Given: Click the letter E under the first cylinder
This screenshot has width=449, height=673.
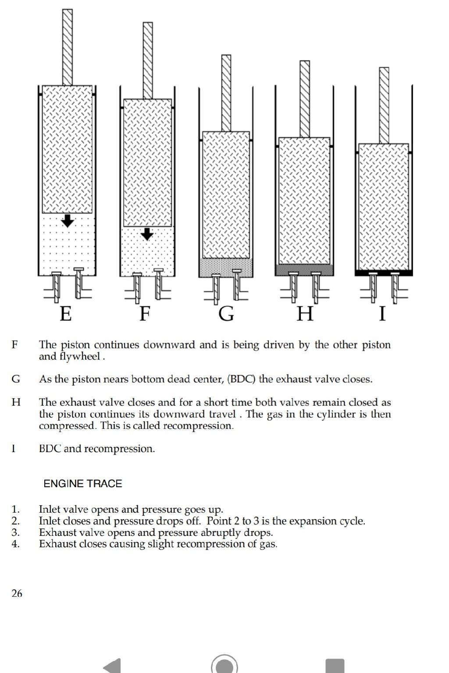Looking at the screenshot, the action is (66, 314).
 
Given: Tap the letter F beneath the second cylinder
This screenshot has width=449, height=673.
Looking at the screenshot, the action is (145, 314).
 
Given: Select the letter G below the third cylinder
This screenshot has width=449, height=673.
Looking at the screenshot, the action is (226, 314).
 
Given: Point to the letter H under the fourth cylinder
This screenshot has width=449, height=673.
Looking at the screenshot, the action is (305, 314).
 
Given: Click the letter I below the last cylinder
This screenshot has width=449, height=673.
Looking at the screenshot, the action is (382, 314).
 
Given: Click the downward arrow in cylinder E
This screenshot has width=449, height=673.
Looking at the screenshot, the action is (68, 221).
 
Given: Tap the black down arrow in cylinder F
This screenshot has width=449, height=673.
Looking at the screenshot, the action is (147, 234).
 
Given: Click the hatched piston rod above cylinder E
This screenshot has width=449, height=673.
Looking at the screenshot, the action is (68, 47).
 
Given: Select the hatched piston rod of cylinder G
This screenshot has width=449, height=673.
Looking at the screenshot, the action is (226, 93).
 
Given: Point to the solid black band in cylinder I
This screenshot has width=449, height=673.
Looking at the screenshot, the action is (384, 273).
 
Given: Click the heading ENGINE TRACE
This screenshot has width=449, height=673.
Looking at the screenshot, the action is (83, 484).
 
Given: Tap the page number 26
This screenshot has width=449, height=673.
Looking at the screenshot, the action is (17, 593).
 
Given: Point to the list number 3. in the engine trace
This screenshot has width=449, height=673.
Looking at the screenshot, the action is (16, 533).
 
